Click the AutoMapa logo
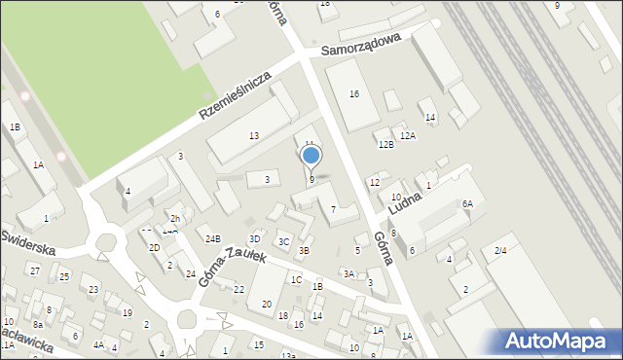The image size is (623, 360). click(557, 341)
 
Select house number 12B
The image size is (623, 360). click(386, 144)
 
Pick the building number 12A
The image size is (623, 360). click(408, 135)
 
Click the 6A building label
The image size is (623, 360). click(467, 203)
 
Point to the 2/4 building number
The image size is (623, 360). click(500, 251)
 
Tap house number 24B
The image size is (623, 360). click(213, 238)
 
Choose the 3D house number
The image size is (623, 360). click(255, 238)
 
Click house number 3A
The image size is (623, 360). click(348, 273)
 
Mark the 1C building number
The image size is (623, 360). click(296, 279)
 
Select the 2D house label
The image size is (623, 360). click(154, 247)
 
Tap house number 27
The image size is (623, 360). click(35, 270)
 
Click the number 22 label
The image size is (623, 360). click(238, 289)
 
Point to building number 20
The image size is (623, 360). click(266, 304)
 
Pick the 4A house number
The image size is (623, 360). click(98, 344)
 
